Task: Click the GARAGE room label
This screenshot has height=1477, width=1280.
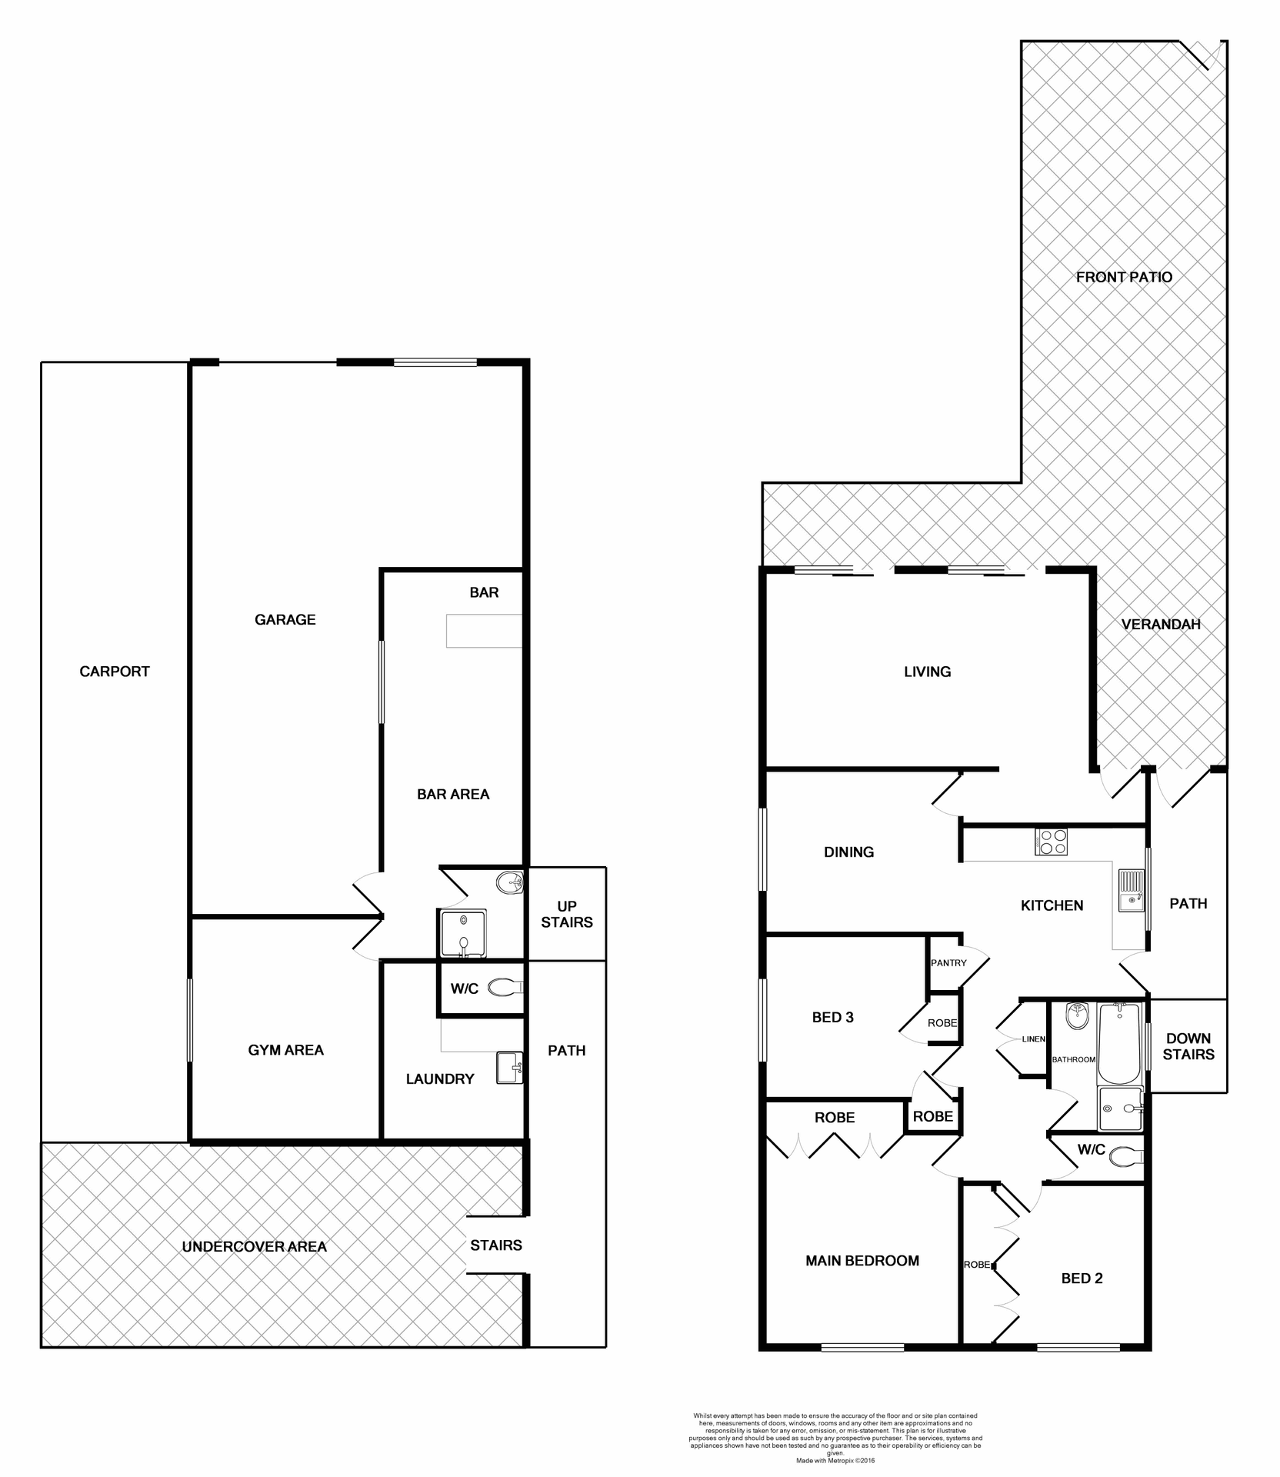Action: pos(285,619)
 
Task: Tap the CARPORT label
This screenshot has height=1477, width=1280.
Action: pos(115,672)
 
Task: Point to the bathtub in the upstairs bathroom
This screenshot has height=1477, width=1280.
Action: pos(1119,1043)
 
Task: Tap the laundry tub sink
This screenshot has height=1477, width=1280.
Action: pos(509,1068)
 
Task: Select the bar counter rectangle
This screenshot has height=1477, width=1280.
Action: pos(484,631)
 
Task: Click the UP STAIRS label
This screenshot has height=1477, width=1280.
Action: pos(567,914)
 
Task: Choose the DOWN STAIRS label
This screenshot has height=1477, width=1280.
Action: pos(1188,1046)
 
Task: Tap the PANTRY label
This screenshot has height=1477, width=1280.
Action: pos(948,963)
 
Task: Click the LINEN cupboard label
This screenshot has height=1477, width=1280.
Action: pos(1033,1039)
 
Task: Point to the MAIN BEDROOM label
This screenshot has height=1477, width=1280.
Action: pos(862,1261)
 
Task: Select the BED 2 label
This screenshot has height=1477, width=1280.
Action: pos(1082,1279)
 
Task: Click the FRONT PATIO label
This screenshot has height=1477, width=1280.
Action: pos(1124,277)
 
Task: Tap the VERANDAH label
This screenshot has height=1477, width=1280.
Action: pos(1161,625)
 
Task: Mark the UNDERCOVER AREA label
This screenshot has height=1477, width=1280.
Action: pos(255,1247)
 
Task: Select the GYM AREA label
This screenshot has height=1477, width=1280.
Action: pos(285,1050)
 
